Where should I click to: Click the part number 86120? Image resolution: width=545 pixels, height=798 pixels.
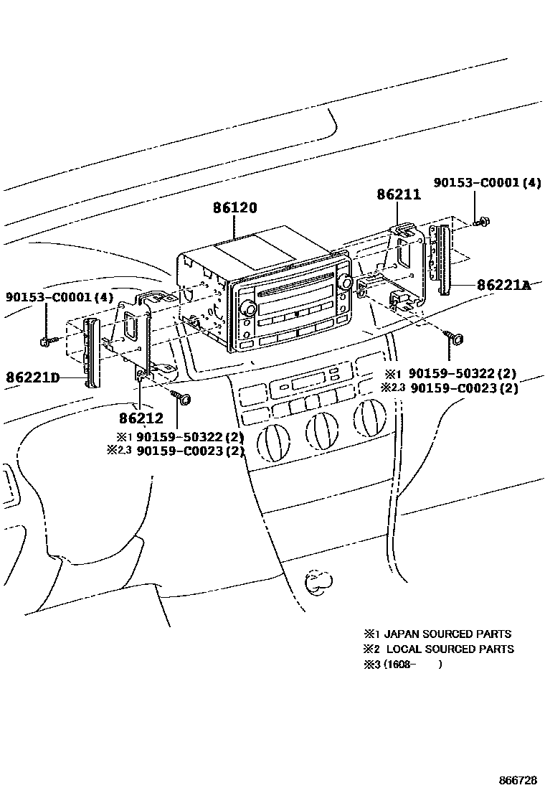pyautogui.click(x=234, y=208)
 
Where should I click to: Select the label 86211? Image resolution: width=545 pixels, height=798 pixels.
pyautogui.click(x=399, y=194)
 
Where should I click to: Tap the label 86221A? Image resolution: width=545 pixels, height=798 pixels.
pyautogui.click(x=504, y=285)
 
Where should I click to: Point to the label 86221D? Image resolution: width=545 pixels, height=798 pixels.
pyautogui.click(x=34, y=376)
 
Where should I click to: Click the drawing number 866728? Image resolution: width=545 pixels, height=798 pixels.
pyautogui.click(x=518, y=780)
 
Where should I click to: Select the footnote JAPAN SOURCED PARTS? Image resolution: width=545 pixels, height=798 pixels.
pyautogui.click(x=447, y=634)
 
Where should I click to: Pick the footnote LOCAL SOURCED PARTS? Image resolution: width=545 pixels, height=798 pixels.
pyautogui.click(x=449, y=649)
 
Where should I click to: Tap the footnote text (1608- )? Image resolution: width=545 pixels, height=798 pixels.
pyautogui.click(x=412, y=665)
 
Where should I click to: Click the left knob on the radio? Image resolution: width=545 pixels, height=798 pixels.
pyautogui.click(x=249, y=308)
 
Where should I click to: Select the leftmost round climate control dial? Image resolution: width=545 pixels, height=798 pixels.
pyautogui.click(x=272, y=439)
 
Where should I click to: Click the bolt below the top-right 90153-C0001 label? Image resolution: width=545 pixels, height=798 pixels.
pyautogui.click(x=480, y=220)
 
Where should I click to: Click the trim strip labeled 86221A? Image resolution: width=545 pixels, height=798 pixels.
pyautogui.click(x=443, y=260)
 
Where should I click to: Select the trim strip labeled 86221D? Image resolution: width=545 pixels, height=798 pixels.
pyautogui.click(x=93, y=352)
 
